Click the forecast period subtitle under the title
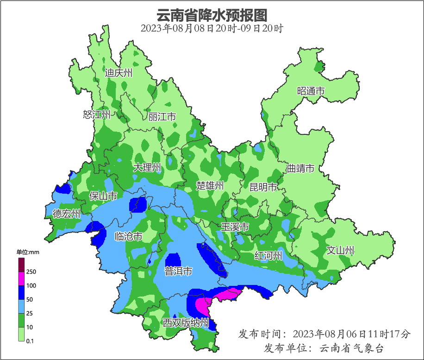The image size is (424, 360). (x=212, y=28)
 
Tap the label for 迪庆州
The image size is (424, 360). (x=118, y=73)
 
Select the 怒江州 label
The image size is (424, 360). (x=97, y=114)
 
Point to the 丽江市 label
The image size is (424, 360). (x=162, y=117)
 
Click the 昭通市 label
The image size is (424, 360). (x=311, y=91)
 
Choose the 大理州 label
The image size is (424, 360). (x=147, y=167)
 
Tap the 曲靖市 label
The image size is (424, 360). (x=300, y=168)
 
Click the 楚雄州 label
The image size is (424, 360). (x=210, y=186)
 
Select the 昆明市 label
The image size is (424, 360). (x=263, y=187)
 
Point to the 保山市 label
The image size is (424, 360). (x=103, y=196)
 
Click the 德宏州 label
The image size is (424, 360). (x=66, y=214)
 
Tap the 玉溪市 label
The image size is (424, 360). (x=235, y=227)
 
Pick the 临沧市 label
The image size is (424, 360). (x=128, y=237)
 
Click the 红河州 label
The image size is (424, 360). (x=268, y=256)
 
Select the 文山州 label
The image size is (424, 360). (x=340, y=251)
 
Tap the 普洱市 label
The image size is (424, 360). (x=178, y=272)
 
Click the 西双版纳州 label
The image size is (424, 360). (x=186, y=323)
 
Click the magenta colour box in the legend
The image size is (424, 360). (x=21, y=278)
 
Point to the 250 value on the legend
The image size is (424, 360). (x=31, y=272)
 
